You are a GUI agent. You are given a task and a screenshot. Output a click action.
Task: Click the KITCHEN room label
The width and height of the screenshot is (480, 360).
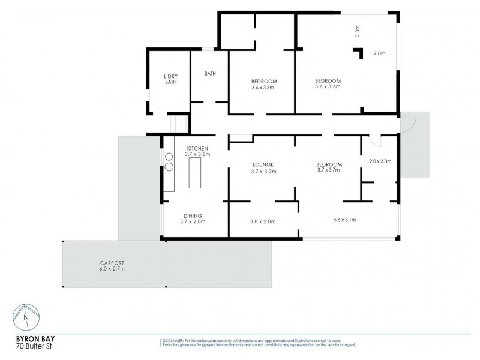coord(197,148)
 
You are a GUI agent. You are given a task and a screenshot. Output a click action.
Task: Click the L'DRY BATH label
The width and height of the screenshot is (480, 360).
coord(171,79)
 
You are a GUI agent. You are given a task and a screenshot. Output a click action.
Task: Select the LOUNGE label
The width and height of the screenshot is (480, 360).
coord(263,164)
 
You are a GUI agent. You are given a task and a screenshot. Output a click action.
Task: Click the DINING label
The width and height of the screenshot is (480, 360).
coord(193,215)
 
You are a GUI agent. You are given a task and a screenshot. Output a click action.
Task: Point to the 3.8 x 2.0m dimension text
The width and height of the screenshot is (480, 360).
coord(263,222)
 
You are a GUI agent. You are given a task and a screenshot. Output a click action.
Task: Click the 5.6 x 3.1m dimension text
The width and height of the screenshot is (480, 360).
coord(345,220)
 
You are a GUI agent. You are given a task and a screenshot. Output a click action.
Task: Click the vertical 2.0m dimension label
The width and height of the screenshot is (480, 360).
coord(358,31)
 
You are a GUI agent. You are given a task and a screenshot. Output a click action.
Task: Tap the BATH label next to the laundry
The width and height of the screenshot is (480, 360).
coord(210,74)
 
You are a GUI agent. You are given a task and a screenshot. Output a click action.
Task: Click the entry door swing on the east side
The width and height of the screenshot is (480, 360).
coord(409,125)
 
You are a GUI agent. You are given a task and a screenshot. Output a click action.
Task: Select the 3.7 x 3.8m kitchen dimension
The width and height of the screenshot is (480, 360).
coord(197,154)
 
